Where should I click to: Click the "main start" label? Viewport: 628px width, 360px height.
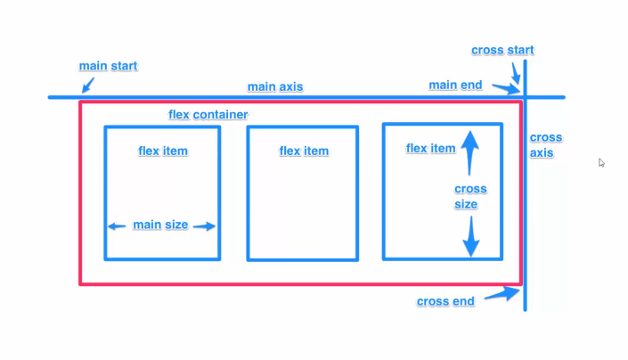point(109,67)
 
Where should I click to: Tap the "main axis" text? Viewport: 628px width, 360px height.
point(275,86)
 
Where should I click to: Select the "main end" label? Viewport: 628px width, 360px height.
point(455,86)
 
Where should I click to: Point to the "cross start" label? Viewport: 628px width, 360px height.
point(503,50)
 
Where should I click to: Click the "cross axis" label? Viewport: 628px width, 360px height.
point(545,145)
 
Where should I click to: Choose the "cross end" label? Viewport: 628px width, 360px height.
point(445,301)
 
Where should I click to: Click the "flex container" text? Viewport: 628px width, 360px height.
point(208,116)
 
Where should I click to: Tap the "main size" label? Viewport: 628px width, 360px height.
point(160,225)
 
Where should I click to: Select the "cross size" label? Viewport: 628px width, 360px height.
point(470,196)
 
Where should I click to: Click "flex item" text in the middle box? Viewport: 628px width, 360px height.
point(304,151)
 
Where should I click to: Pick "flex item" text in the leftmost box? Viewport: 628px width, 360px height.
point(163,151)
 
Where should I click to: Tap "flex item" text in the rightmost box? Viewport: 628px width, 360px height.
point(430,149)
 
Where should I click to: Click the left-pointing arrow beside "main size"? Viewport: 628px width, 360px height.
point(118,226)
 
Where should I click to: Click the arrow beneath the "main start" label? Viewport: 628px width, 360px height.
point(86,86)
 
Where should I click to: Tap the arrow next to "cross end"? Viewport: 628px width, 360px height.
point(510,294)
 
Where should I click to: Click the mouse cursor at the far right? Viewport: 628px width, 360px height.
point(602,163)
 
